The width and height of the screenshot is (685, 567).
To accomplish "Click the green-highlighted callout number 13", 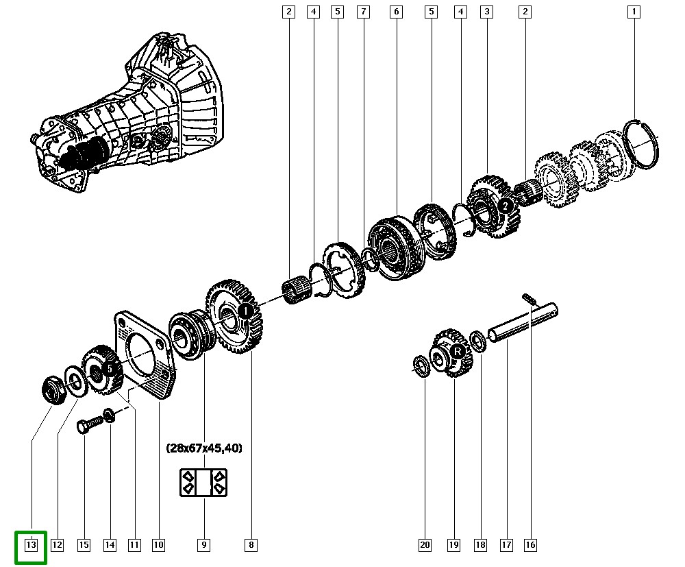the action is coord(31,544).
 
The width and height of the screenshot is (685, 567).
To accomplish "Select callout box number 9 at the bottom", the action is coord(203,544).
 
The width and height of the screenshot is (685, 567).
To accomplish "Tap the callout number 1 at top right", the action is coord(634,12).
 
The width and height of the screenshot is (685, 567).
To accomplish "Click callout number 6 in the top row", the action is coord(396,12).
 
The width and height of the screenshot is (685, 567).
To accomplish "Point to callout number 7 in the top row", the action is coord(364,12).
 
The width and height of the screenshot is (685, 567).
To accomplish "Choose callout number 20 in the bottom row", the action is coord(425,544).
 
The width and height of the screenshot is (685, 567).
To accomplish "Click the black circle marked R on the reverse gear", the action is coord(458,352).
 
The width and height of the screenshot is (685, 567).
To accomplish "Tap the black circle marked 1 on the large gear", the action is coord(246,311).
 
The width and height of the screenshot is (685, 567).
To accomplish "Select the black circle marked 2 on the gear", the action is coord(506,206).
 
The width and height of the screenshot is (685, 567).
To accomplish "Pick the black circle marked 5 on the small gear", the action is coord(110,369).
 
